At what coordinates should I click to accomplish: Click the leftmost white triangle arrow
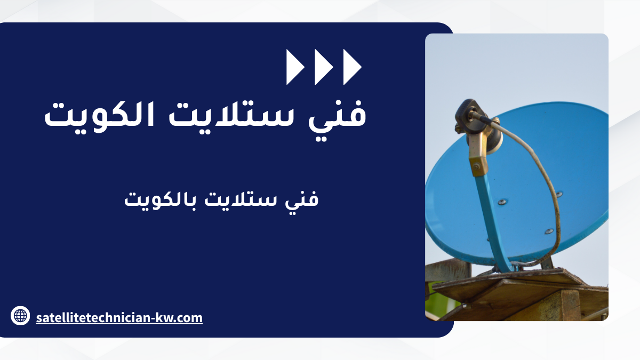point(294,67)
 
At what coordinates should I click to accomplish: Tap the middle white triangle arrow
point(323,67)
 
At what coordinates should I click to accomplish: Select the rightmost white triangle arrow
point(351,67)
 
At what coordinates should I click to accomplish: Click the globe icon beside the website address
point(20,315)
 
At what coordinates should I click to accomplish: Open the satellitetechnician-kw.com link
point(119,318)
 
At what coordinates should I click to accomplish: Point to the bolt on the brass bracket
point(476,166)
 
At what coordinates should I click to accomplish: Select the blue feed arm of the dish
point(492,220)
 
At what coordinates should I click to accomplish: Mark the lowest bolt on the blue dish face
point(549,231)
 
